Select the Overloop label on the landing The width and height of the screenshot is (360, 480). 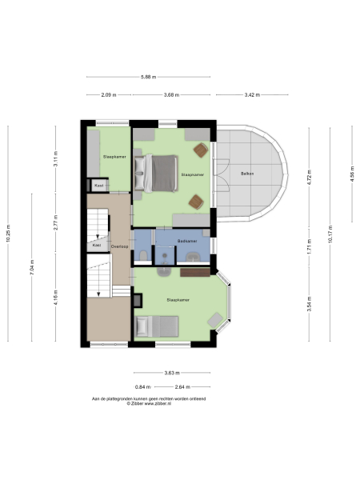120,246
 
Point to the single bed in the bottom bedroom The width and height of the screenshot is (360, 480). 158,326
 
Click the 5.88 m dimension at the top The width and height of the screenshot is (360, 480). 148,77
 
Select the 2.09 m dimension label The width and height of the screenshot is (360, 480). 109,94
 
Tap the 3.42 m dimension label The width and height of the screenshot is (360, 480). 250,94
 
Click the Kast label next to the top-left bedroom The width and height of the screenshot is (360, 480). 99,185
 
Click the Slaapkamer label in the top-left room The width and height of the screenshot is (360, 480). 107,157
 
